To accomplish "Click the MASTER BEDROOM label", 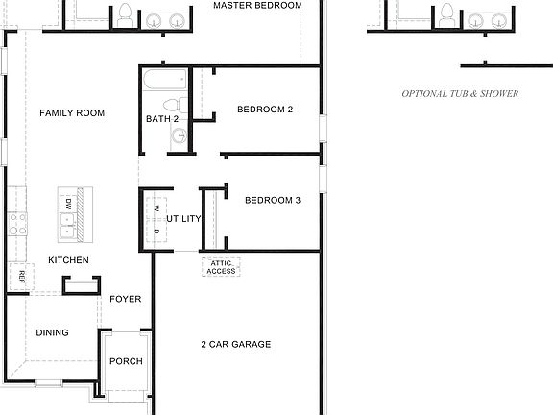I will coord(257,6).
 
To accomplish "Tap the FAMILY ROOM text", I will coord(72,113).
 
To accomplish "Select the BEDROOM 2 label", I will coord(265,110).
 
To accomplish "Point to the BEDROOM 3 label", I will coord(273,201).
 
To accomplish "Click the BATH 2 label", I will coord(162,119).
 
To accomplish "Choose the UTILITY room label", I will coord(183,218).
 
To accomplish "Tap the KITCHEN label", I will coord(68,260).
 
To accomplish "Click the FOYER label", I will coord(125,299).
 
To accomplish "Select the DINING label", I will coord(52,333).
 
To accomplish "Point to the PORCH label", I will coord(126,361).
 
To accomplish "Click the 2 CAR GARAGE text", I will coord(236,344).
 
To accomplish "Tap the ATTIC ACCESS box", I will coord(221,267).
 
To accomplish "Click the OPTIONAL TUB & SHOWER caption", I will coord(460,94).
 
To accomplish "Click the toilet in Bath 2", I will coord(172,104).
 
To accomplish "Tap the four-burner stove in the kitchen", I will coord(16,224).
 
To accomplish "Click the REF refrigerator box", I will coord(20,277).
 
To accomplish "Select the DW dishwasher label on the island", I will coord(69,203).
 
